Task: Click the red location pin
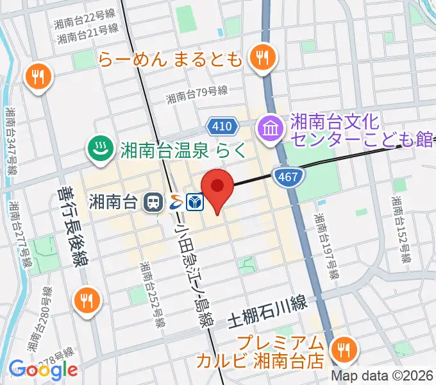click(217, 187)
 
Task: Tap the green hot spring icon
click(99, 150)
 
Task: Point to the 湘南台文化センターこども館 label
click(360, 130)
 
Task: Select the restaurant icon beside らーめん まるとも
click(262, 58)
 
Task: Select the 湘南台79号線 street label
click(197, 96)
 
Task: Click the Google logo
click(43, 370)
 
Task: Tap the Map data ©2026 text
click(382, 376)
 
